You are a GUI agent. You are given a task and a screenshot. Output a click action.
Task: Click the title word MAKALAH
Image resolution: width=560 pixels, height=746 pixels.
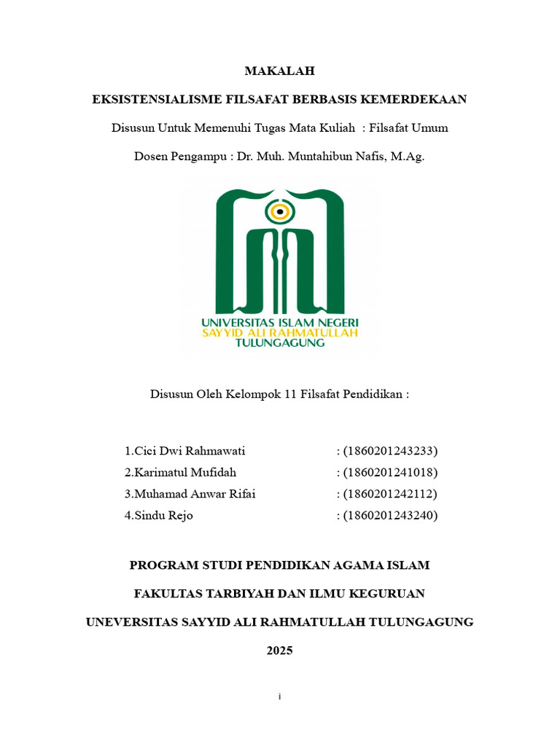click(279, 71)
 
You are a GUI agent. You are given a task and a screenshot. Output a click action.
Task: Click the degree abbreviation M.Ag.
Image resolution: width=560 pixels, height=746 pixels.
click(407, 156)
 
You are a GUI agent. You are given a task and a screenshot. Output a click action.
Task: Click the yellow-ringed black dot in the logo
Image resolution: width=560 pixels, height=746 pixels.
click(279, 211)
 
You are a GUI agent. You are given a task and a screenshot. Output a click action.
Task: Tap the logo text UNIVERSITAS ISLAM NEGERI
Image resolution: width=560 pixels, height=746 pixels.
click(280, 321)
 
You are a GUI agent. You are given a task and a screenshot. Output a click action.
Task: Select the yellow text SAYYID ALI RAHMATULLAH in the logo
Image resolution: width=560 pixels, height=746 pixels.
click(280, 332)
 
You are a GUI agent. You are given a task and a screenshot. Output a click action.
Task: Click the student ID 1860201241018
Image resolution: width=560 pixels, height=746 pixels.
click(391, 473)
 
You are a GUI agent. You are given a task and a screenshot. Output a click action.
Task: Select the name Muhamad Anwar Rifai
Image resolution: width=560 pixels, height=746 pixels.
click(190, 495)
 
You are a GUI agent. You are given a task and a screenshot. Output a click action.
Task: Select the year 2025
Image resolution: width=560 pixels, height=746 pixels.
click(279, 651)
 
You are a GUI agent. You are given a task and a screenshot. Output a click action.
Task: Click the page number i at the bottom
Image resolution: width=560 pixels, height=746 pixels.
click(280, 697)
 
